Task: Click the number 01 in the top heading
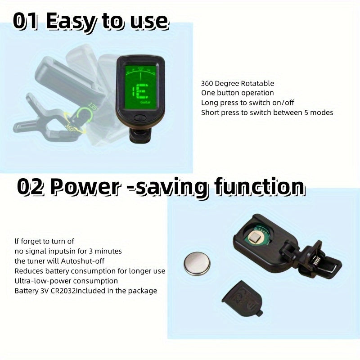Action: pos(25,21)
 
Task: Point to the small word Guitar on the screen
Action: pos(145,102)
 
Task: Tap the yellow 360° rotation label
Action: pos(70,127)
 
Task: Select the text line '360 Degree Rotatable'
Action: pos(238,83)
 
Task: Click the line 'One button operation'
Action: pos(238,93)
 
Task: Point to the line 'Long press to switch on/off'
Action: pos(247,103)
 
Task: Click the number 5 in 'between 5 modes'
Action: pos(306,113)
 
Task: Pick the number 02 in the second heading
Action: pos(31,187)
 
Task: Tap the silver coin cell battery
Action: pos(197,263)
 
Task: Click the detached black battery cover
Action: pos(243,298)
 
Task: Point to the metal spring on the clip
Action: pos(317,261)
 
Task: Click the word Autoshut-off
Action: pos(83,261)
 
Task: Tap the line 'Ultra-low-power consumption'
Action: pos(66,281)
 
